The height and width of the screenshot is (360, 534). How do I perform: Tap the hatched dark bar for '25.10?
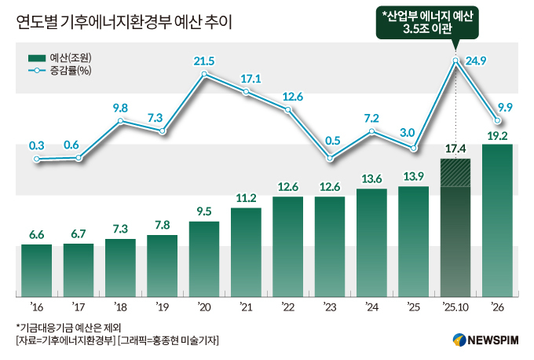point(455,228)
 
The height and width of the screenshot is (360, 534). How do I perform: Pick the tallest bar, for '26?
point(496,220)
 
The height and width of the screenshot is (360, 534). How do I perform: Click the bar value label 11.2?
point(246,198)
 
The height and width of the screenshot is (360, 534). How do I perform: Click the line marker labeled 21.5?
point(204,75)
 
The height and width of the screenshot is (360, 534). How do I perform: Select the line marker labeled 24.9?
point(455,61)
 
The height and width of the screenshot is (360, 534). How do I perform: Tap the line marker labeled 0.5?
point(330,159)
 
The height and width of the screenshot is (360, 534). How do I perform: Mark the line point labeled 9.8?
point(121,121)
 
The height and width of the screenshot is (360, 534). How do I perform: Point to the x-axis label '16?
point(36,307)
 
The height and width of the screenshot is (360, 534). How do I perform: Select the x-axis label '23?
point(330,307)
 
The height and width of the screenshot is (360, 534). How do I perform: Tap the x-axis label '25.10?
point(455,307)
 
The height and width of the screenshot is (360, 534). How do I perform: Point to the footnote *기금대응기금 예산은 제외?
point(69,327)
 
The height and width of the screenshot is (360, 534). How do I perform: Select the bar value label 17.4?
point(455,149)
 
